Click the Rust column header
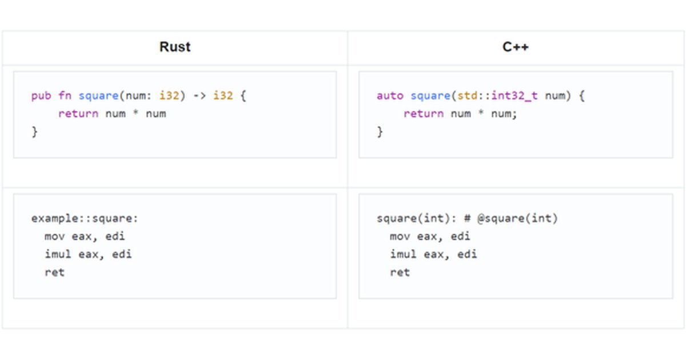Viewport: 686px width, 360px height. click(174, 47)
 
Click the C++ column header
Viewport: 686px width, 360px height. click(515, 47)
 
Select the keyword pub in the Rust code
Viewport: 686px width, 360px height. click(41, 96)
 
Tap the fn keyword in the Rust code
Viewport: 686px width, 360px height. click(65, 96)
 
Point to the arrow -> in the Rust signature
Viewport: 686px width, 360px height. click(200, 96)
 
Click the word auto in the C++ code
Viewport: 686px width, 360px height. click(390, 96)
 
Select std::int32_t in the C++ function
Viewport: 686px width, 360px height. click(497, 96)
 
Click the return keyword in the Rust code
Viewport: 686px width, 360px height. click(78, 114)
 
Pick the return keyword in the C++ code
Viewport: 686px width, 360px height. click(424, 114)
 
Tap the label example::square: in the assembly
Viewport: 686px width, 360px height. click(85, 218)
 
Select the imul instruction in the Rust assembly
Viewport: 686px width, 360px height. click(58, 254)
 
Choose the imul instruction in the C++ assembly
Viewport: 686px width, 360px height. click(404, 254)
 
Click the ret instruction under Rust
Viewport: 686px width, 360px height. click(54, 273)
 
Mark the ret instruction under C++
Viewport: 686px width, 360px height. click(400, 273)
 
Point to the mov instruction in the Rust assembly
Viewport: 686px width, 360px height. click(55, 236)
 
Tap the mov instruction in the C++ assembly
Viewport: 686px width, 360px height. click(400, 236)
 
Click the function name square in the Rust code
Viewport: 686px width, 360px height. click(98, 96)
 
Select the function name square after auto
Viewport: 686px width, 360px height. click(430, 96)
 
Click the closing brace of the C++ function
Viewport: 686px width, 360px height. click(380, 132)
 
